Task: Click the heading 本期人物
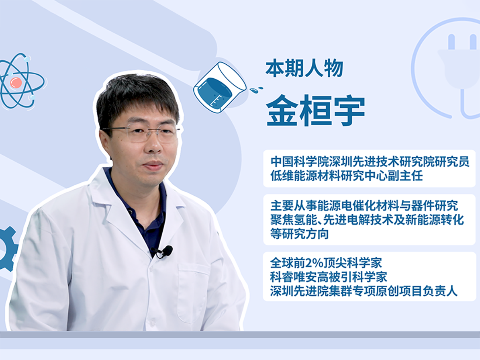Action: pyautogui.click(x=304, y=69)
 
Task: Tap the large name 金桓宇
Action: pyautogui.click(x=316, y=110)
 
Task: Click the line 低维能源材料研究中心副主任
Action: pyautogui.click(x=347, y=176)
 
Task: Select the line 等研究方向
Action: pyautogui.click(x=299, y=234)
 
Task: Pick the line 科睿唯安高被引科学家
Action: pyautogui.click(x=329, y=277)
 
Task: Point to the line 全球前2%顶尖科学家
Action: pyautogui.click(x=326, y=263)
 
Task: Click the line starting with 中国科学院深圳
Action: pyautogui.click(x=370, y=162)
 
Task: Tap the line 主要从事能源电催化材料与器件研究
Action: pyautogui.click(x=364, y=206)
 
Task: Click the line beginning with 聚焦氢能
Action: pyautogui.click(x=367, y=220)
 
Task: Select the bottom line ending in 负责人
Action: pyautogui.click(x=364, y=291)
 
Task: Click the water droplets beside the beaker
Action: pyautogui.click(x=256, y=89)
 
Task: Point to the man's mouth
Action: pyautogui.click(x=152, y=165)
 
